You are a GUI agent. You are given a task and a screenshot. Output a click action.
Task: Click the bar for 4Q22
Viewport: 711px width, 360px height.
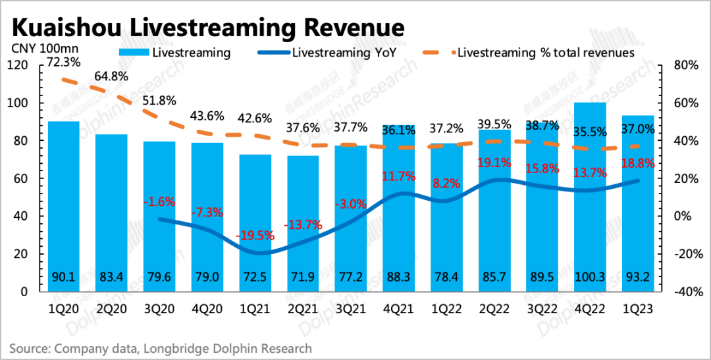[589, 197]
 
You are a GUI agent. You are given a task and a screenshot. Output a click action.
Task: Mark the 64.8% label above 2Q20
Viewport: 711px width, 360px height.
[113, 77]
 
